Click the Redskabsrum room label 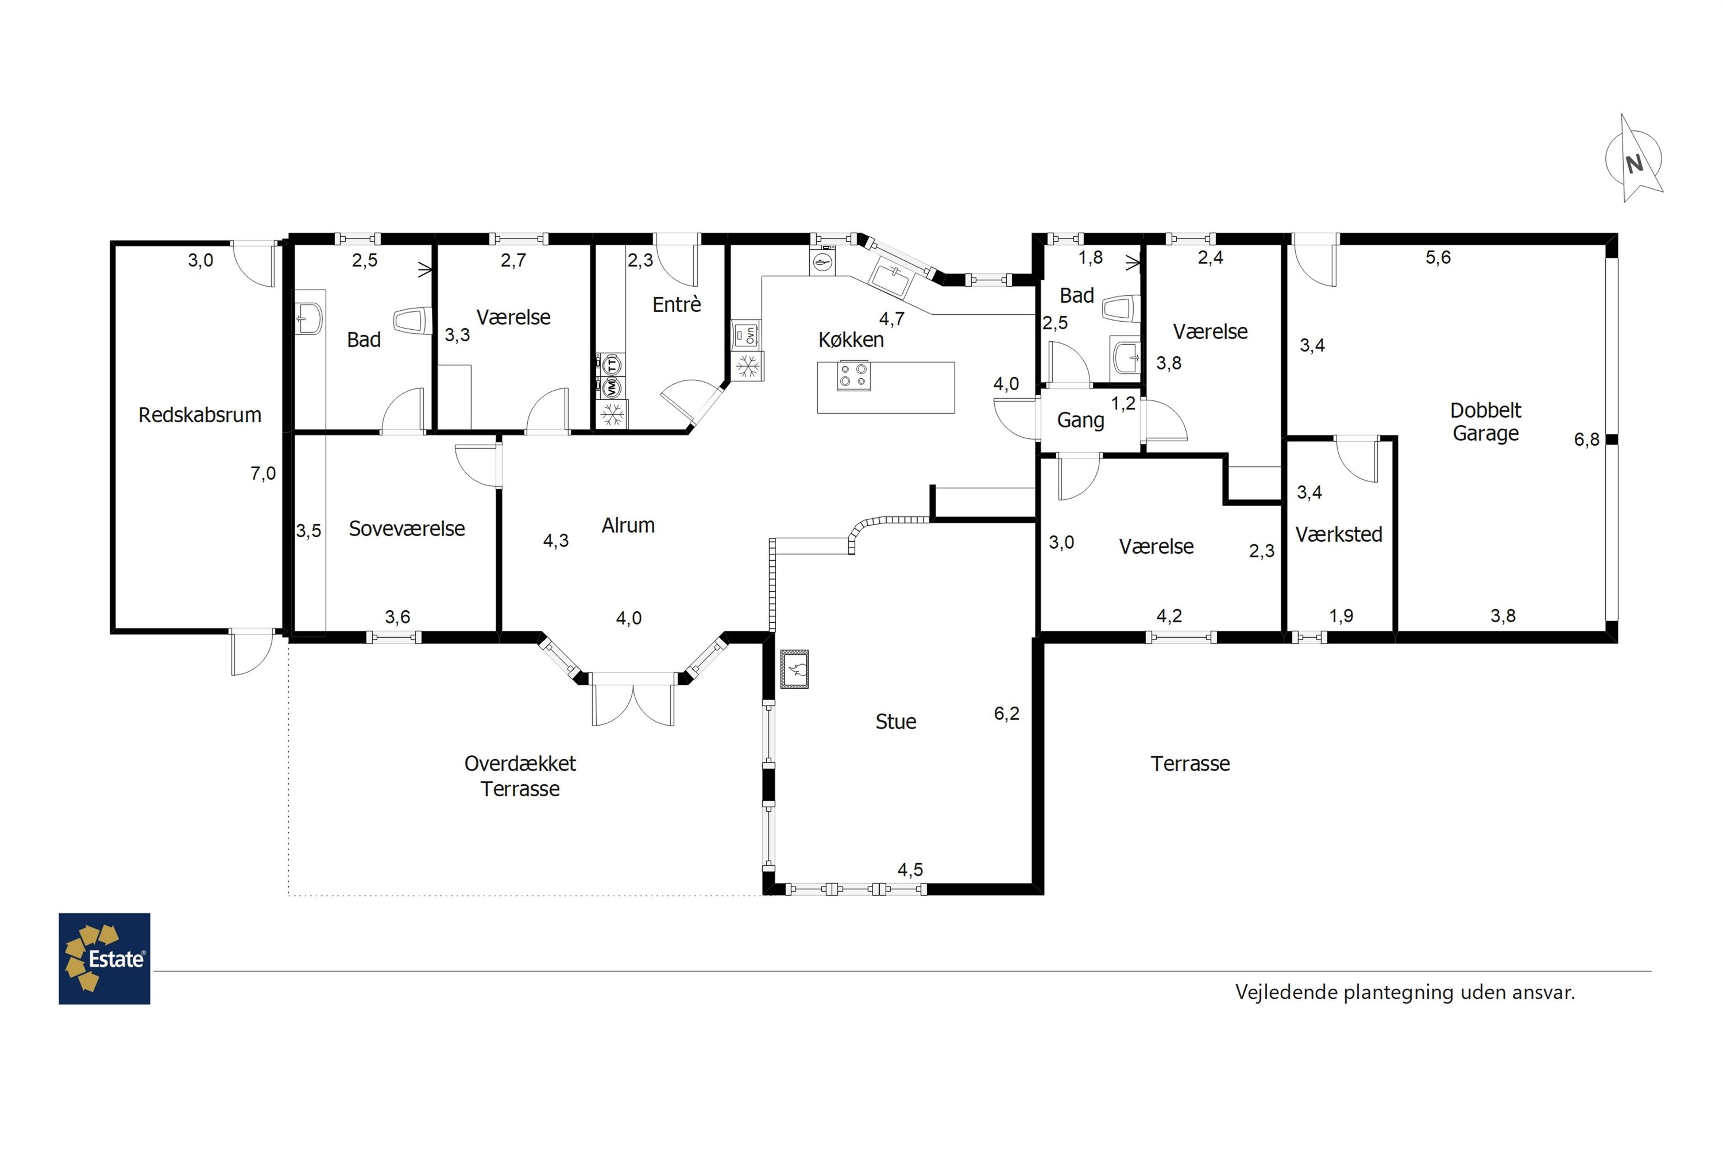tap(200, 415)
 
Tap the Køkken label tap(851, 340)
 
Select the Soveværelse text tap(407, 529)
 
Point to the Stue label tap(895, 722)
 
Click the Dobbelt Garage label tap(1486, 421)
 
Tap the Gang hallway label tap(1080, 421)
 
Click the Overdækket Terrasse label tap(520, 776)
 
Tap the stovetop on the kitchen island tap(853, 376)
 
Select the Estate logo tap(104, 958)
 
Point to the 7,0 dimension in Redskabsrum tap(263, 473)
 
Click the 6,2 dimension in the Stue tap(1007, 713)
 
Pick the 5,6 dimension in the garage tap(1438, 257)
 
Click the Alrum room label tap(628, 526)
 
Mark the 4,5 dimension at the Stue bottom tap(910, 870)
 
